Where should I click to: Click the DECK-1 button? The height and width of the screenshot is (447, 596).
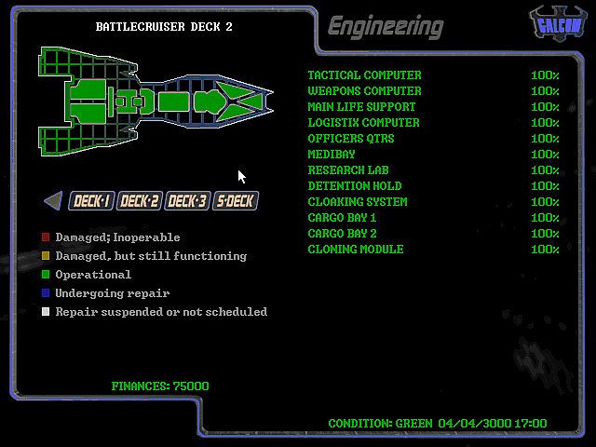pyautogui.click(x=92, y=200)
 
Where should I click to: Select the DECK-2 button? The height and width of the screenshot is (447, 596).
pyautogui.click(x=140, y=200)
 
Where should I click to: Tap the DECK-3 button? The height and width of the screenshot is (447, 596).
pyautogui.click(x=187, y=200)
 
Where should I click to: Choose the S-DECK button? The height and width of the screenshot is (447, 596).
pyautogui.click(x=235, y=200)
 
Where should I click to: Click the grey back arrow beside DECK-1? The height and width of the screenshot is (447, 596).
pyautogui.click(x=53, y=200)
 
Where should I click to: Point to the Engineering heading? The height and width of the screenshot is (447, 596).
pyautogui.click(x=385, y=26)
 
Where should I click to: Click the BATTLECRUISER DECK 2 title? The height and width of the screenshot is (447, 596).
pyautogui.click(x=164, y=27)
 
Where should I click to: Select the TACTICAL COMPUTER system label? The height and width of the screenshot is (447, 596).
pyautogui.click(x=364, y=75)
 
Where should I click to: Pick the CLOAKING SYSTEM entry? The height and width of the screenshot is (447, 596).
pyautogui.click(x=358, y=202)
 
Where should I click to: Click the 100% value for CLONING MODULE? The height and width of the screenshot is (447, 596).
pyautogui.click(x=545, y=250)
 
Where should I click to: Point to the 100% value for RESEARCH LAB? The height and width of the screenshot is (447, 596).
pyautogui.click(x=545, y=170)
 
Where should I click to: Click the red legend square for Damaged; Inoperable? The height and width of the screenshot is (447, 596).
pyautogui.click(x=45, y=237)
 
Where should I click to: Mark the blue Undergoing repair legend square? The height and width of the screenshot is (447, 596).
pyautogui.click(x=45, y=293)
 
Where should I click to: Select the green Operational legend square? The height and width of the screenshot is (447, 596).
pyautogui.click(x=45, y=275)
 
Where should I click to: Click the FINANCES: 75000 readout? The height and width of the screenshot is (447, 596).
pyautogui.click(x=160, y=386)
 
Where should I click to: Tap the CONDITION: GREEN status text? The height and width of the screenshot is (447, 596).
pyautogui.click(x=380, y=424)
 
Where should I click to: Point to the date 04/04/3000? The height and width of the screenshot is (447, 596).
pyautogui.click(x=473, y=424)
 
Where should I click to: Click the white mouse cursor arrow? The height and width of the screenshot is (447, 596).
pyautogui.click(x=241, y=176)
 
